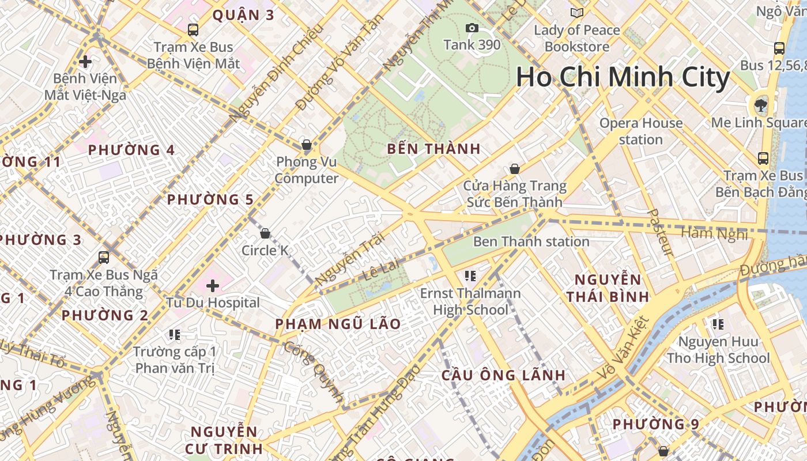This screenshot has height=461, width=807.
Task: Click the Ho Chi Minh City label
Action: point(623,77)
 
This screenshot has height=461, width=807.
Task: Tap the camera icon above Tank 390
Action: point(472,28)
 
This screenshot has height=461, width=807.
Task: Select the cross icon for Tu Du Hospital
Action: point(213,285)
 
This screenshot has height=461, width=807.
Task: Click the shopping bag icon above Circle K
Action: point(265,233)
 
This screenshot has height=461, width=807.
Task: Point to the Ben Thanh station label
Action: point(531,241)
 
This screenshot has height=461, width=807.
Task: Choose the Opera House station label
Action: point(640,131)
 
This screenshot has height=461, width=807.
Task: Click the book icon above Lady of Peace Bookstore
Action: point(576,13)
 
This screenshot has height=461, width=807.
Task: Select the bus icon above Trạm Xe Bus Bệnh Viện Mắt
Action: point(193,29)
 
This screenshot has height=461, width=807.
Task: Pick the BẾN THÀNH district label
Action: point(433,149)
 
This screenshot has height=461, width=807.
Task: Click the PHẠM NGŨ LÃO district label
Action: point(338,324)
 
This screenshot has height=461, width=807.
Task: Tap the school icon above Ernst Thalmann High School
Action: point(470,276)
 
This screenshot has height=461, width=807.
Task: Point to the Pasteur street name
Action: point(660,232)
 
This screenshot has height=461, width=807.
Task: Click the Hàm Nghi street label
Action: point(714,233)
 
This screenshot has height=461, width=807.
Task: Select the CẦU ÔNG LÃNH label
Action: point(504,375)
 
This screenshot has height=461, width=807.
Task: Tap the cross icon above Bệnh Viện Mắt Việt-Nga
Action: point(85,61)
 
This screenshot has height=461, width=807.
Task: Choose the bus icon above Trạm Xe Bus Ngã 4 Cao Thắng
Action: point(104,257)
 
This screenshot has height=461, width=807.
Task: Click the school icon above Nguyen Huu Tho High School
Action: point(718,324)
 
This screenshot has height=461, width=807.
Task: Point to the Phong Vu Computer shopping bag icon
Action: point(307,145)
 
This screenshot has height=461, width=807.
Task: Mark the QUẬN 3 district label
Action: point(243,15)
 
